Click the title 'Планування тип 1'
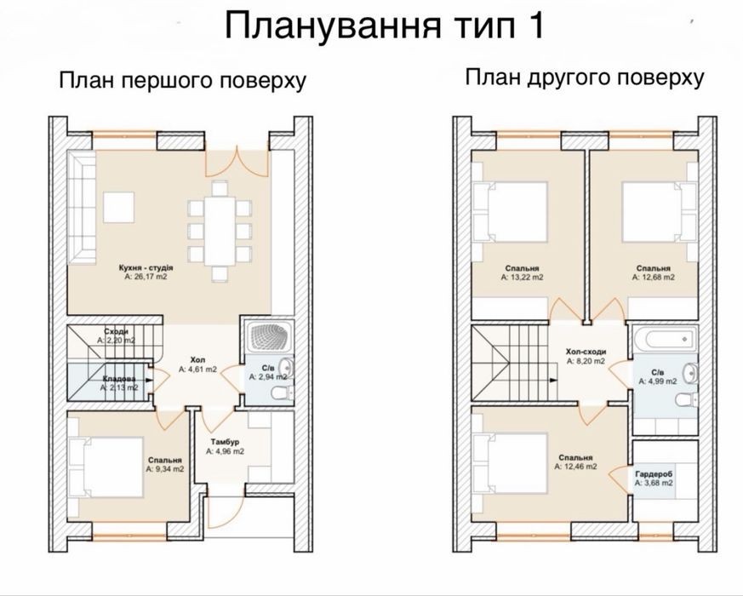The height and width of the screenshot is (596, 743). pyautogui.click(x=385, y=27)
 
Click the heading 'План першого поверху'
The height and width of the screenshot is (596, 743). pyautogui.click(x=182, y=80)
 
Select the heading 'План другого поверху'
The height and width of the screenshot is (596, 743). pyautogui.click(x=584, y=77)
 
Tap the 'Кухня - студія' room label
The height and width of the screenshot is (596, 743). pyautogui.click(x=146, y=268)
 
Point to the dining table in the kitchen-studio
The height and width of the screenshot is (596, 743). pyautogui.click(x=220, y=231)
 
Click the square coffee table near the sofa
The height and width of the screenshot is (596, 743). pyautogui.click(x=118, y=207)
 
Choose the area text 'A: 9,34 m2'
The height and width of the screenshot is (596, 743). pyautogui.click(x=165, y=469)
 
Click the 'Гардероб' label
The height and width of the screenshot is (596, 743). pyautogui.click(x=654, y=473)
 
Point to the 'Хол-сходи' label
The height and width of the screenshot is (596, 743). pyautogui.click(x=586, y=352)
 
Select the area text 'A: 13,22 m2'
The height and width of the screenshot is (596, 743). pyautogui.click(x=523, y=277)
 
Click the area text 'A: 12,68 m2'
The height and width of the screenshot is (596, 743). pyautogui.click(x=654, y=277)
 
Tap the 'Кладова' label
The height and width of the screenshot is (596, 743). pyautogui.click(x=119, y=379)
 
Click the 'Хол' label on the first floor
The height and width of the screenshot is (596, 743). pyautogui.click(x=197, y=360)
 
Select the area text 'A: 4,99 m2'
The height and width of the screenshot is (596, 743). pyautogui.click(x=658, y=381)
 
